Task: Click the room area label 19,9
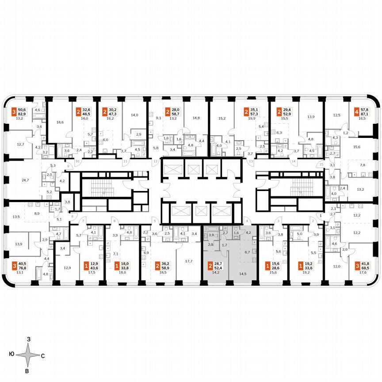252,118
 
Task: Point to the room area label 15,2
222,118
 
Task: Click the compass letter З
28,339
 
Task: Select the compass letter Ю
11,355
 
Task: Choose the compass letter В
27,371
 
